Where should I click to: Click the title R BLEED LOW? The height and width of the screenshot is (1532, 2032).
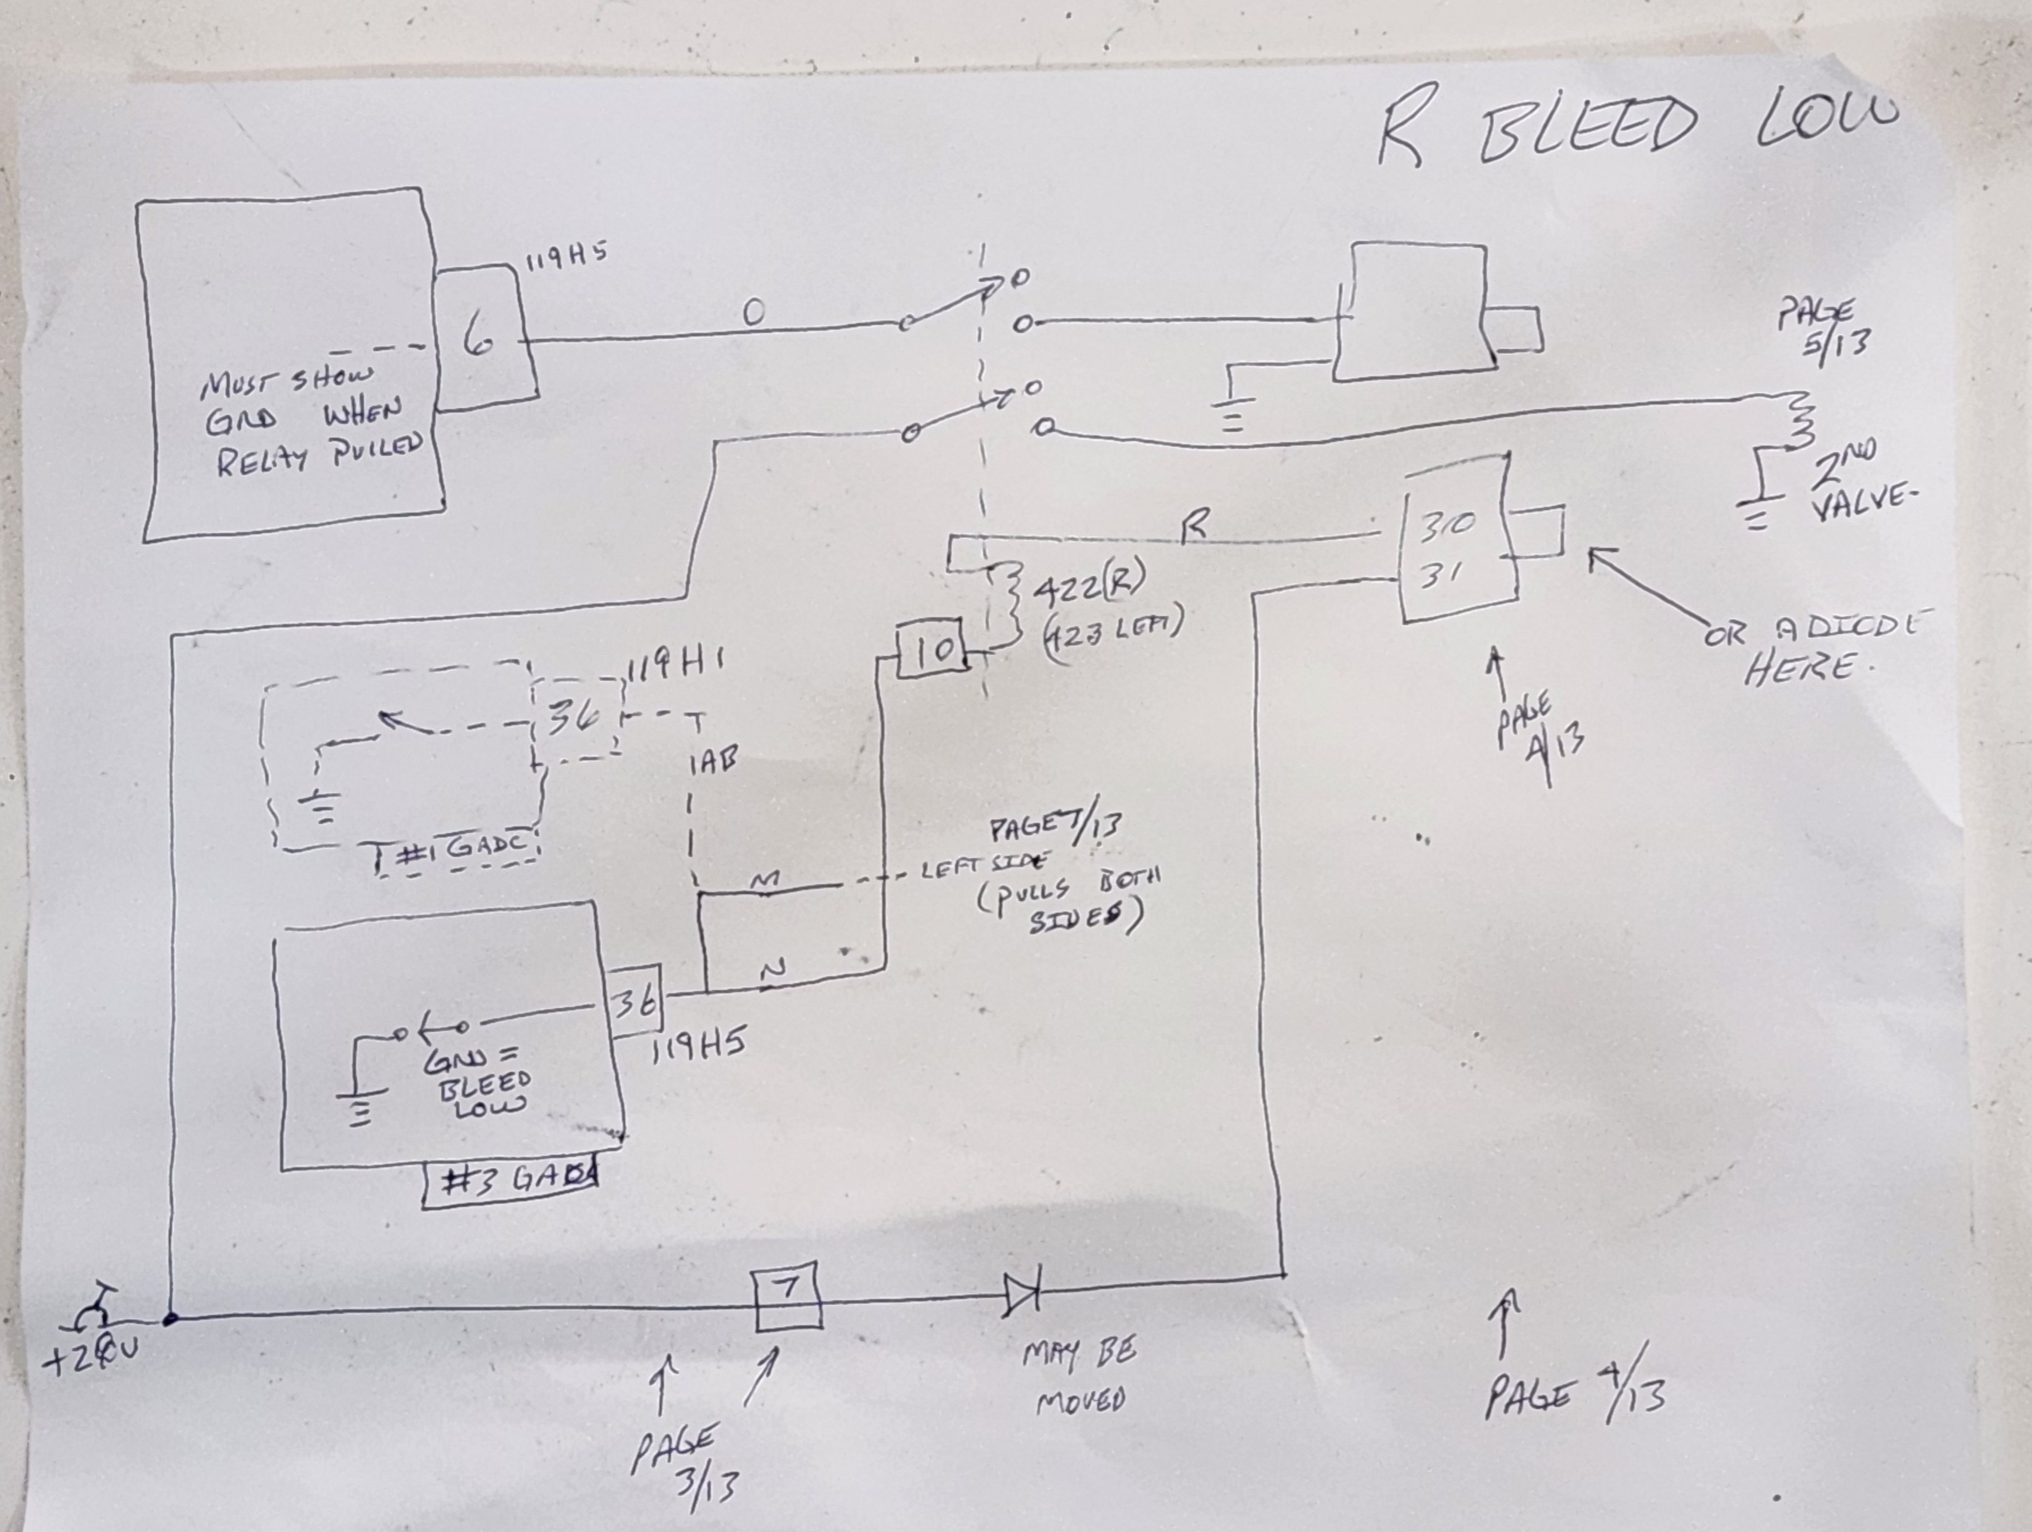(x=1635, y=128)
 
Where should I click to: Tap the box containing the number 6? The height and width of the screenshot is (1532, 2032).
(x=483, y=339)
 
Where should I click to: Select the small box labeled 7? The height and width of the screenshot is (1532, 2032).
(x=786, y=1297)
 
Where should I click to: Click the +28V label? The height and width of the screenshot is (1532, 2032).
(x=90, y=1356)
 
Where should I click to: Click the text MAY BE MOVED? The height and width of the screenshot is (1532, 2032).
(x=1079, y=1375)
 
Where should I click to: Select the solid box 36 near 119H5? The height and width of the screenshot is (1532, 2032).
(x=634, y=1001)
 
